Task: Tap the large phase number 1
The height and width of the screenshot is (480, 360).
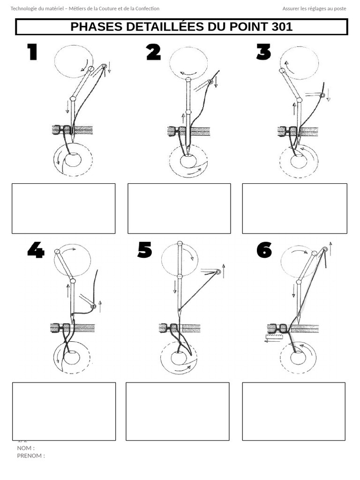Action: click(32, 52)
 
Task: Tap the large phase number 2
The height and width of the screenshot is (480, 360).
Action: click(153, 52)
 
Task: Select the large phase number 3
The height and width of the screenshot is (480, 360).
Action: click(263, 52)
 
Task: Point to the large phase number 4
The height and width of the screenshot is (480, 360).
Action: click(36, 250)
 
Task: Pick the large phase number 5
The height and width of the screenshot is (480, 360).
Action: click(145, 250)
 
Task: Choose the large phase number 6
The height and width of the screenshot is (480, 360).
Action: click(264, 250)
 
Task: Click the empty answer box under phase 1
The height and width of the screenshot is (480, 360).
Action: click(63, 208)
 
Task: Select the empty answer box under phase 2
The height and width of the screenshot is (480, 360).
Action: click(179, 208)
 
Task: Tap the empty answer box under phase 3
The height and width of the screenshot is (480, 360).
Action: click(294, 208)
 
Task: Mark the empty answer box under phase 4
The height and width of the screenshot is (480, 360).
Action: click(64, 411)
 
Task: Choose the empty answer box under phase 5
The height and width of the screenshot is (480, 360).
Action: click(178, 411)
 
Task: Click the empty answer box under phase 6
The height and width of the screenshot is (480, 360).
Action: click(294, 411)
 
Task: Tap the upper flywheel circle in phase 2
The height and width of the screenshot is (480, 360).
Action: click(188, 62)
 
